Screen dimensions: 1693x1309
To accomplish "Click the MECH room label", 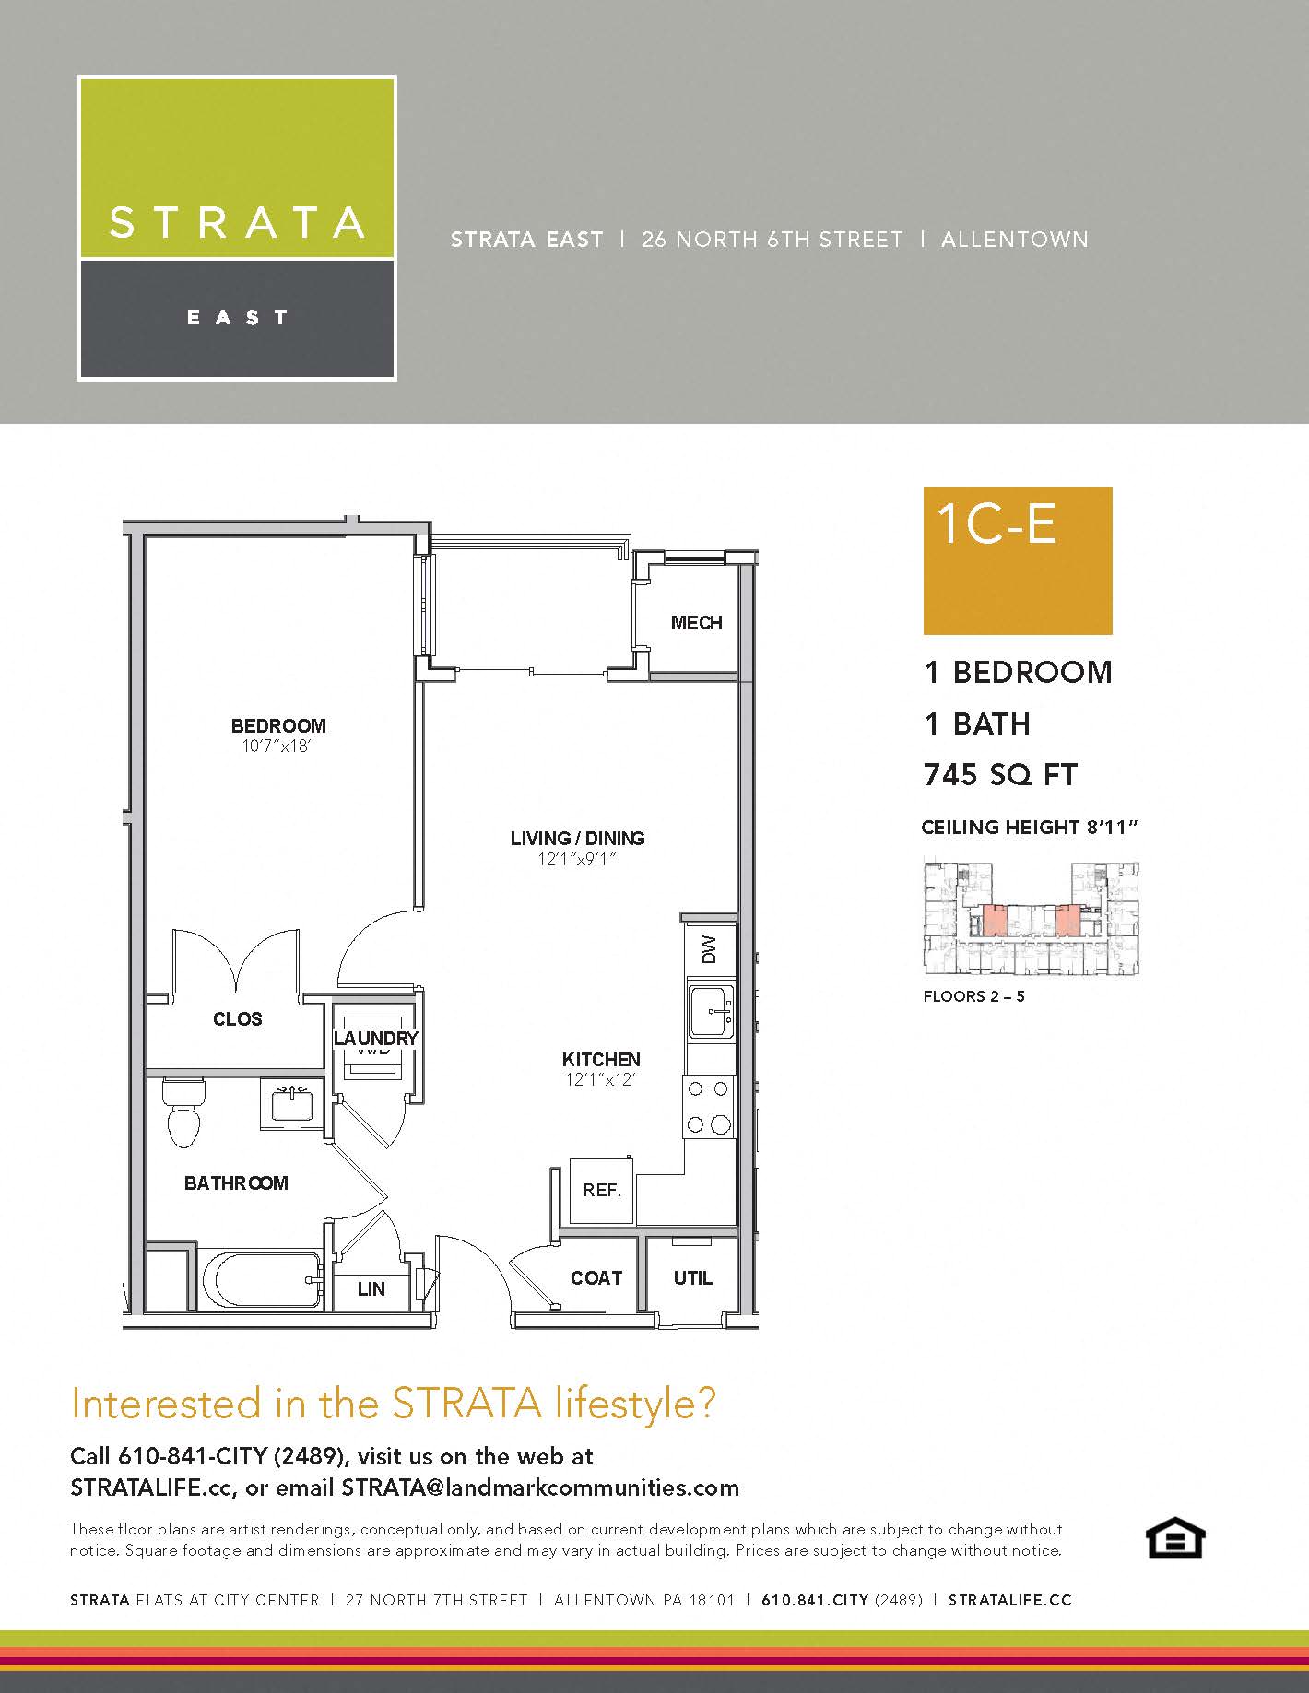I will click(x=696, y=623).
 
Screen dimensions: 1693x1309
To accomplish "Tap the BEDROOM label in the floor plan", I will click(x=278, y=726).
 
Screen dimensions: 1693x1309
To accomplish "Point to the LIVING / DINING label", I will click(x=577, y=838).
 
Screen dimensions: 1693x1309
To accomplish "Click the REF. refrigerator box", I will click(x=602, y=1190).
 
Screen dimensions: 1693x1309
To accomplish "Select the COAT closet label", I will click(x=596, y=1278).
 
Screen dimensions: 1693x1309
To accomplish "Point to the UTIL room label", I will click(x=692, y=1278).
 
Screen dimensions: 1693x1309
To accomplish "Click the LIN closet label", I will click(x=371, y=1289).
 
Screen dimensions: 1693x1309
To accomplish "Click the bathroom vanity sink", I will click(x=292, y=1103).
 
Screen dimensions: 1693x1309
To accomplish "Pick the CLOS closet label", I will click(x=237, y=1019).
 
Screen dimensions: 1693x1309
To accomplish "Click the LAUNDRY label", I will click(x=375, y=1039).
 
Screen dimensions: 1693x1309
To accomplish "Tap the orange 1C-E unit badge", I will click(x=1018, y=560).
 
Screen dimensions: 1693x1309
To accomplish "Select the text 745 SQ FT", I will click(x=1000, y=775).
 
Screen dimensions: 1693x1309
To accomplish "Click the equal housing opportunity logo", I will click(x=1174, y=1539).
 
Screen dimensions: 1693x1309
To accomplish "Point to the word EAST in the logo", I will click(x=238, y=318).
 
